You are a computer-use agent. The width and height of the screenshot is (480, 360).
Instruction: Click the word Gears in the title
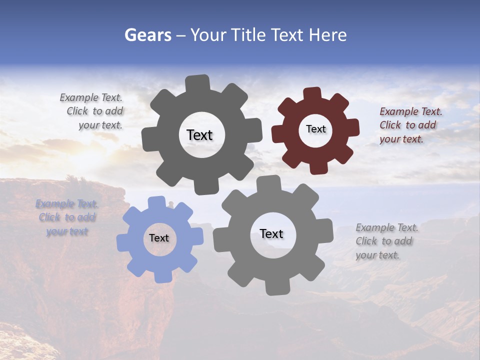click(x=146, y=35)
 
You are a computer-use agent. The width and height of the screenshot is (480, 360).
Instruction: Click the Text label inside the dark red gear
click(x=315, y=129)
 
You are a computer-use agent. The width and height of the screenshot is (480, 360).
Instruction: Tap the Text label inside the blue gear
click(x=159, y=238)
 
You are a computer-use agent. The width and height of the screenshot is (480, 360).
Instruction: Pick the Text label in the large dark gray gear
click(x=199, y=135)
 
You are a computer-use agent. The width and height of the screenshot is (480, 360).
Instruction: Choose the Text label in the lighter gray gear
click(x=271, y=233)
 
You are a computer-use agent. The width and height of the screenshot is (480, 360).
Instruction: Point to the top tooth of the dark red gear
click(x=312, y=94)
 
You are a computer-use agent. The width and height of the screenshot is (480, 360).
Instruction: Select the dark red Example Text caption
click(x=410, y=125)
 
